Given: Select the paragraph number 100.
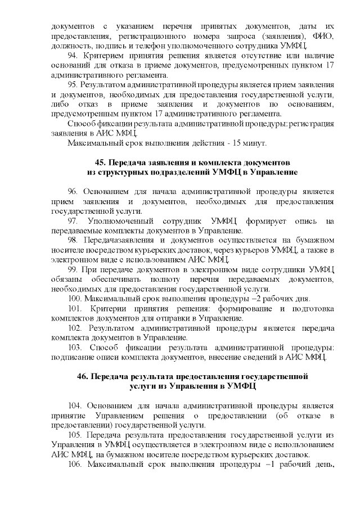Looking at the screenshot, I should (74, 298).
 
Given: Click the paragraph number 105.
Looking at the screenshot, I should (75, 436).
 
